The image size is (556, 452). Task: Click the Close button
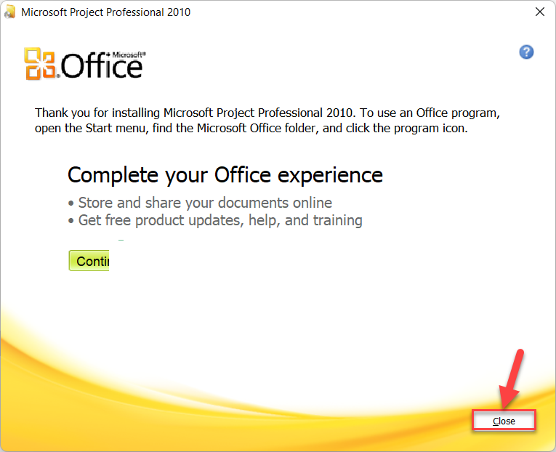tap(504, 421)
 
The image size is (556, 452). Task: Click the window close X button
tap(540, 12)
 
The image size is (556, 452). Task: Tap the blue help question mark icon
tap(527, 52)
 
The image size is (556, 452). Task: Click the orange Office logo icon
tap(40, 63)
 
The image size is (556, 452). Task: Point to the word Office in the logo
tap(102, 66)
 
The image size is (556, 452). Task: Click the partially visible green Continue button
tap(89, 261)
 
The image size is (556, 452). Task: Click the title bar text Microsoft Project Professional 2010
tap(106, 12)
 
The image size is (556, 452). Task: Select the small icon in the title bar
tap(10, 12)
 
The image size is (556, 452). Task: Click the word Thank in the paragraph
tap(51, 113)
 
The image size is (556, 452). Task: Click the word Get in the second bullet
tap(89, 220)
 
